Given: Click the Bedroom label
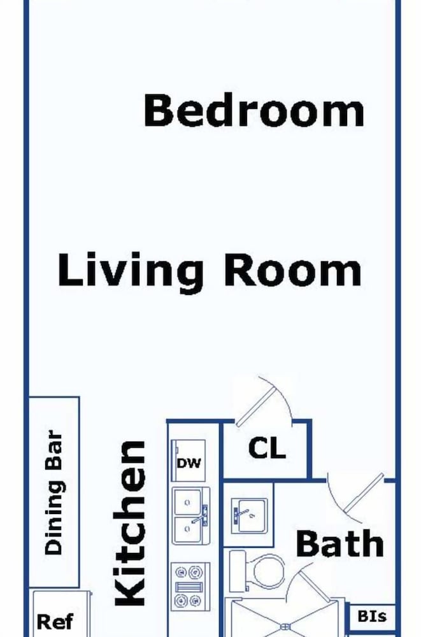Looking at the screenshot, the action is click(x=254, y=110).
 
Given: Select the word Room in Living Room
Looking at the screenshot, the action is click(x=292, y=269).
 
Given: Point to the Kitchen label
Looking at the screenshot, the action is click(x=130, y=523).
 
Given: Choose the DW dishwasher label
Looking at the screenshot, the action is click(x=189, y=463).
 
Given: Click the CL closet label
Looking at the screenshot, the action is click(x=267, y=448).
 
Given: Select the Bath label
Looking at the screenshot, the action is click(x=339, y=543).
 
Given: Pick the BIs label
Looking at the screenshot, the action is click(x=372, y=616).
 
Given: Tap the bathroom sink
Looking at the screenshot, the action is click(x=249, y=515).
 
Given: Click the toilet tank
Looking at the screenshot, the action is click(x=238, y=571).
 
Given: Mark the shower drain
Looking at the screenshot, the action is click(x=286, y=628).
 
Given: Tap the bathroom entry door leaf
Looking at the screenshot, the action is click(x=364, y=493).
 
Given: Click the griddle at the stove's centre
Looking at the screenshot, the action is click(x=189, y=587).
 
